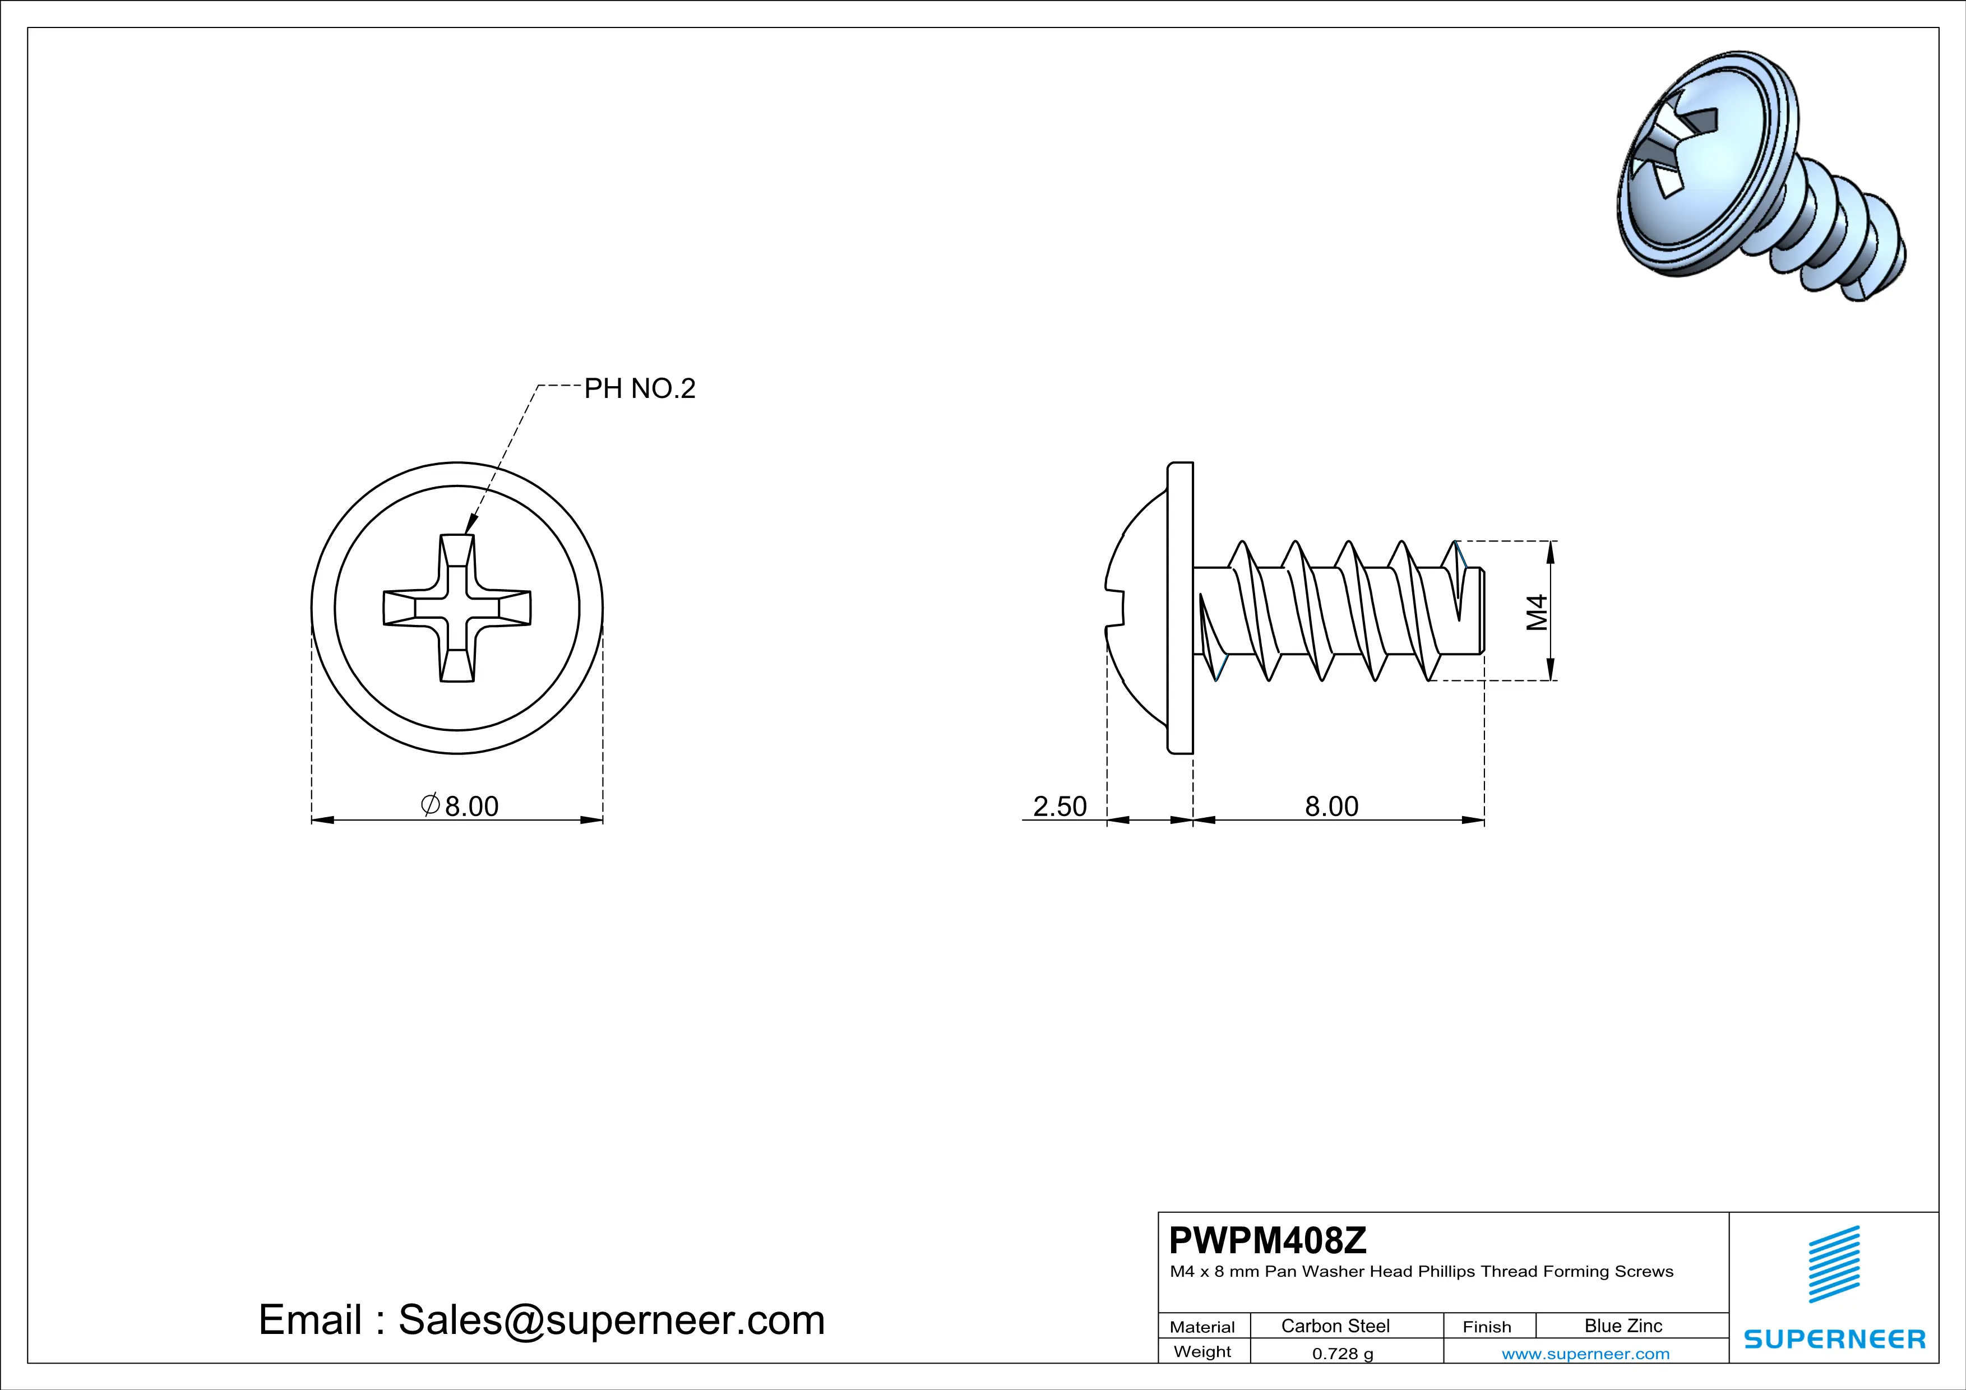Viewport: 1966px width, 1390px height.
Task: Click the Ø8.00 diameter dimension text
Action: pyautogui.click(x=461, y=805)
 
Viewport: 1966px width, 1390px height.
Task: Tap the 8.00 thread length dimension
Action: pyautogui.click(x=1331, y=805)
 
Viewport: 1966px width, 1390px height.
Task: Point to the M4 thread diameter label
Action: pyautogui.click(x=1538, y=612)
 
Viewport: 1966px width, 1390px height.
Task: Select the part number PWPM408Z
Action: pyautogui.click(x=1268, y=1239)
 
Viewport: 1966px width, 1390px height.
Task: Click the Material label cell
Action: pyautogui.click(x=1202, y=1327)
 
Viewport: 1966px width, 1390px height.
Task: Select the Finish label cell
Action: pyautogui.click(x=1487, y=1327)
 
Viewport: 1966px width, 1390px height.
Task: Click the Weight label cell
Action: pyautogui.click(x=1202, y=1351)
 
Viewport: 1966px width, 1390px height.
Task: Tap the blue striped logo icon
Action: pyautogui.click(x=1834, y=1264)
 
